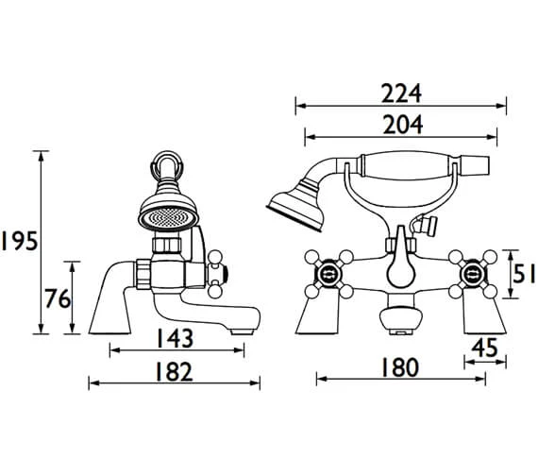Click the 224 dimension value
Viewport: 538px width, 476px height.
tap(401, 93)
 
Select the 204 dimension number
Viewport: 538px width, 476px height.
tap(403, 125)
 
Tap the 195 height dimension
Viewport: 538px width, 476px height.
tap(19, 241)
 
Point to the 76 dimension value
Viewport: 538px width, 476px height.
tap(58, 298)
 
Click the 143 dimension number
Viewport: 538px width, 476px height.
tap(175, 338)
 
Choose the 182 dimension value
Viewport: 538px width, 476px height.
tap(174, 372)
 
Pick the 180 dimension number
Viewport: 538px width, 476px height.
tap(400, 367)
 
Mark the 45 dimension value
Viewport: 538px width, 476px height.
tap(484, 348)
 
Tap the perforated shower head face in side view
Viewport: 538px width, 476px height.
tap(168, 218)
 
